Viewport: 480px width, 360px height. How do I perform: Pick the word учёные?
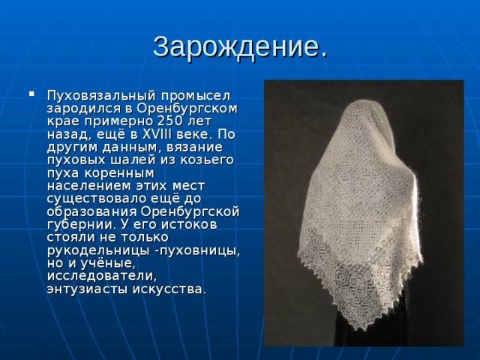click(109, 263)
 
